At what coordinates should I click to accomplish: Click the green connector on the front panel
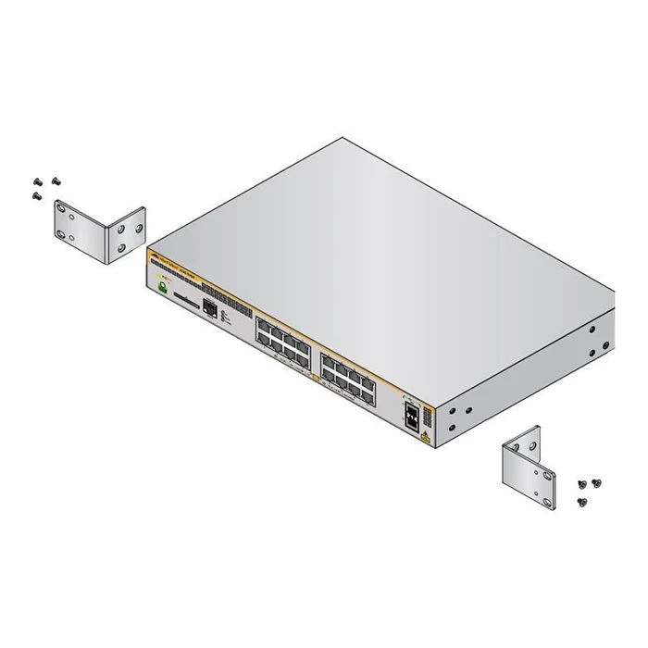(x=164, y=291)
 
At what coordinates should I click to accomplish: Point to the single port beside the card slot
(x=210, y=309)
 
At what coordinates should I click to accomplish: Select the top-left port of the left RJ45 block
(x=263, y=326)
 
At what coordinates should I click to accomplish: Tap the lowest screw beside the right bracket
(x=581, y=501)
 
